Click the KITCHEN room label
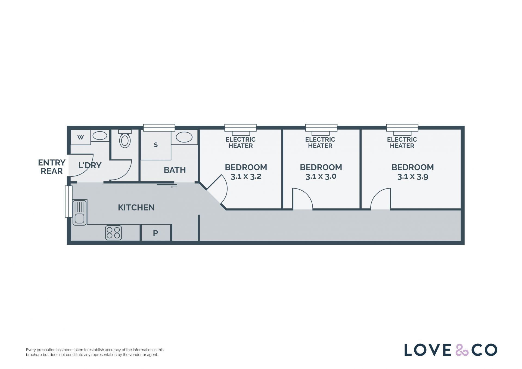click(136, 207)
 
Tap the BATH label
click(175, 170)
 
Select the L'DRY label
click(90, 165)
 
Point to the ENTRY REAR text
click(52, 167)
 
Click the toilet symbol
click(125, 139)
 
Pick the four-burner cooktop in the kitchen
click(113, 233)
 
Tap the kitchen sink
click(80, 212)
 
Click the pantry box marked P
click(156, 233)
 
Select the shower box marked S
click(156, 145)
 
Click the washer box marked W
click(80, 137)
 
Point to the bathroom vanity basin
click(184, 137)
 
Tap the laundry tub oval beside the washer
click(100, 135)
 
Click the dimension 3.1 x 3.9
click(413, 176)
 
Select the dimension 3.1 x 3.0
click(321, 176)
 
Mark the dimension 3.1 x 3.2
click(246, 176)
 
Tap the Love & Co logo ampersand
click(462, 350)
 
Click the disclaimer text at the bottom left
click(95, 352)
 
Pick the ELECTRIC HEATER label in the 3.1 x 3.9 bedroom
click(402, 142)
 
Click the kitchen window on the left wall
click(69, 201)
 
